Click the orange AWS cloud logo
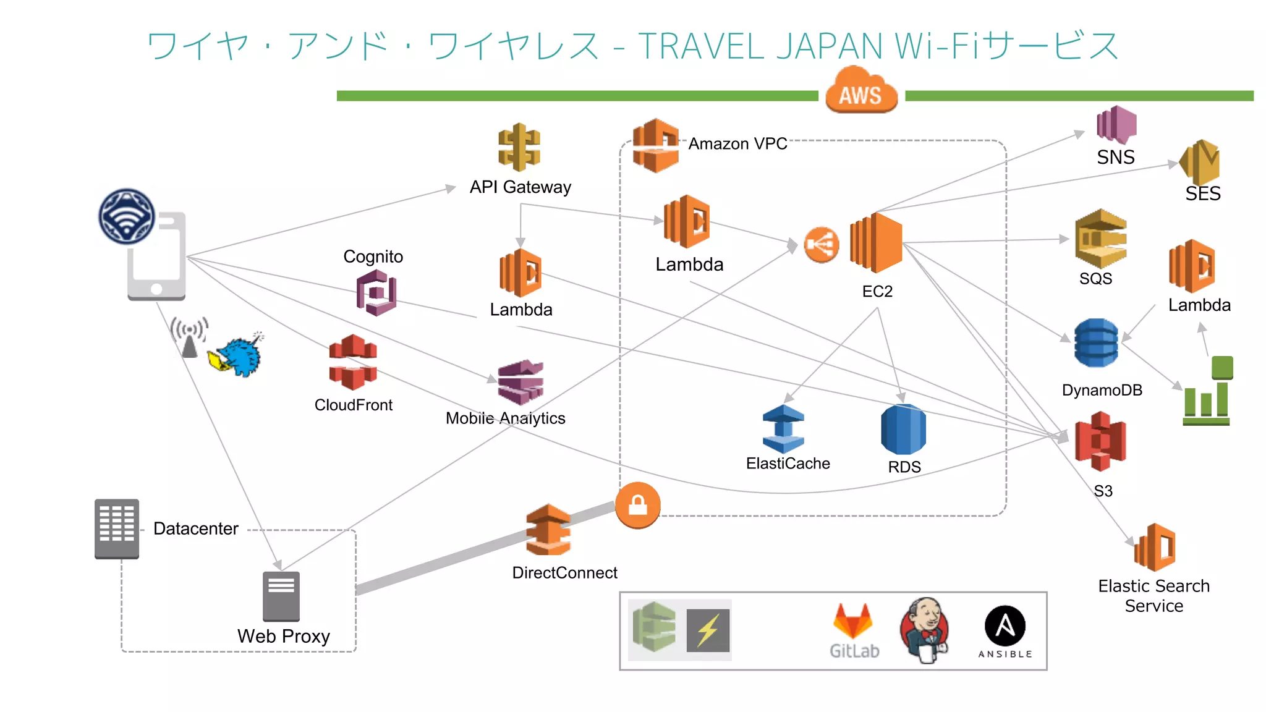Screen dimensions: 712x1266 (x=860, y=91)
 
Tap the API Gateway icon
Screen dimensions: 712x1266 (x=519, y=147)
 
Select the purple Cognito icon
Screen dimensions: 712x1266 (x=376, y=294)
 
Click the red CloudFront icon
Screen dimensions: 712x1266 (x=353, y=362)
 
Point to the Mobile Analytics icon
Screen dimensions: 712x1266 (x=521, y=382)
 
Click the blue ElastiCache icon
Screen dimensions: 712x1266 (x=783, y=429)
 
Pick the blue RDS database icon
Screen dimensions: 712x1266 (x=903, y=430)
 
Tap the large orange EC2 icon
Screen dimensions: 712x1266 (x=876, y=243)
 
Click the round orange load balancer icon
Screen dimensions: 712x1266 (x=821, y=245)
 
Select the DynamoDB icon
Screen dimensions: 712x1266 (x=1095, y=343)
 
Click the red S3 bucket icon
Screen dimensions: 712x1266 (x=1100, y=441)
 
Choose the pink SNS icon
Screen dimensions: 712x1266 (x=1116, y=125)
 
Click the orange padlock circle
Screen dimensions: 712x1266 (x=638, y=506)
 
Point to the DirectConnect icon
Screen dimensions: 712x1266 (x=548, y=530)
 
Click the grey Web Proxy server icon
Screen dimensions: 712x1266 (x=281, y=596)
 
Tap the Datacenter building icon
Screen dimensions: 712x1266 (x=117, y=528)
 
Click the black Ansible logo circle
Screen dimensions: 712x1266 (x=1005, y=625)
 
